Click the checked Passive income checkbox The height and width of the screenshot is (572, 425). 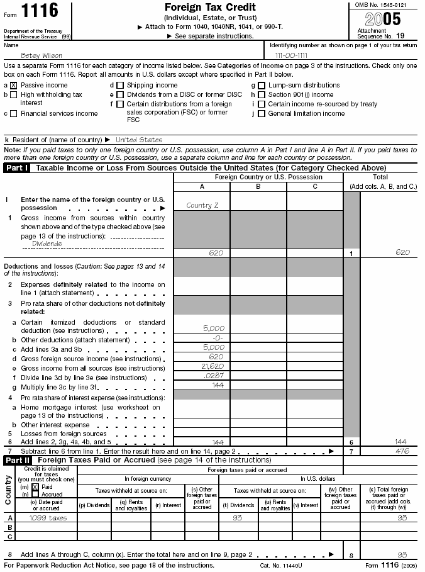(14, 85)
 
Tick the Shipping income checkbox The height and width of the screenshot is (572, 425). (119, 85)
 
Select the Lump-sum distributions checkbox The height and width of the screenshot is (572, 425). (262, 85)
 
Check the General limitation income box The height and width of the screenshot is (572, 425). (262, 113)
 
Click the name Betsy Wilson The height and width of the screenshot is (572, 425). (38, 55)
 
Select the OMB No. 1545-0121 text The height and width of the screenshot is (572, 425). (384, 5)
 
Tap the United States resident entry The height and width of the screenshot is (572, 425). (139, 139)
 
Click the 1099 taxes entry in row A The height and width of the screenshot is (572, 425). (48, 517)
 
